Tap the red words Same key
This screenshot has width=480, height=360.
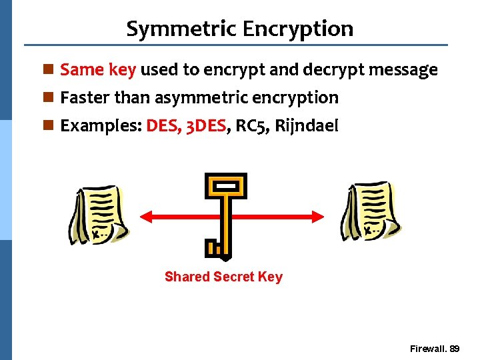[98, 69]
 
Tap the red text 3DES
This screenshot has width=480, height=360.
[203, 125]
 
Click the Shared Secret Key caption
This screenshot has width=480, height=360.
[223, 277]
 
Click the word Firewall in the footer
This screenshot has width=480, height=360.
[428, 349]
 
